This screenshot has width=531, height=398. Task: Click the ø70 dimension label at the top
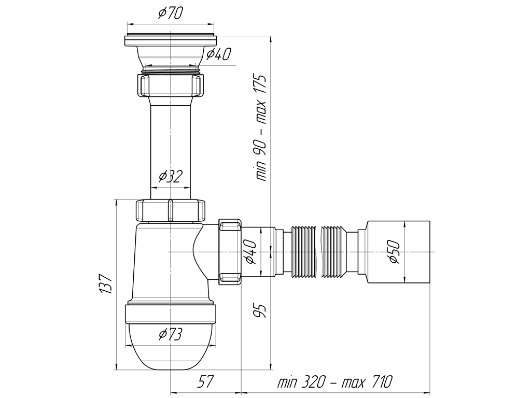click(170, 13)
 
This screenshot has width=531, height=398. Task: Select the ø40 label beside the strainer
click(218, 54)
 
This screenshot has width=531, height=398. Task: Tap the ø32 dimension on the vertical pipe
click(170, 177)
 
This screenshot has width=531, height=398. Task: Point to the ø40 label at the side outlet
click(249, 251)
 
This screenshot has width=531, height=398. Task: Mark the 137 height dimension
click(105, 284)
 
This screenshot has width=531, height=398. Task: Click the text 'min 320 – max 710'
click(335, 382)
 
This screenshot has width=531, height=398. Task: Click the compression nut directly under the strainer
click(170, 85)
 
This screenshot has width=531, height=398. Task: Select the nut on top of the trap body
click(170, 210)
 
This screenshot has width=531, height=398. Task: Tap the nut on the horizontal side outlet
click(230, 252)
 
